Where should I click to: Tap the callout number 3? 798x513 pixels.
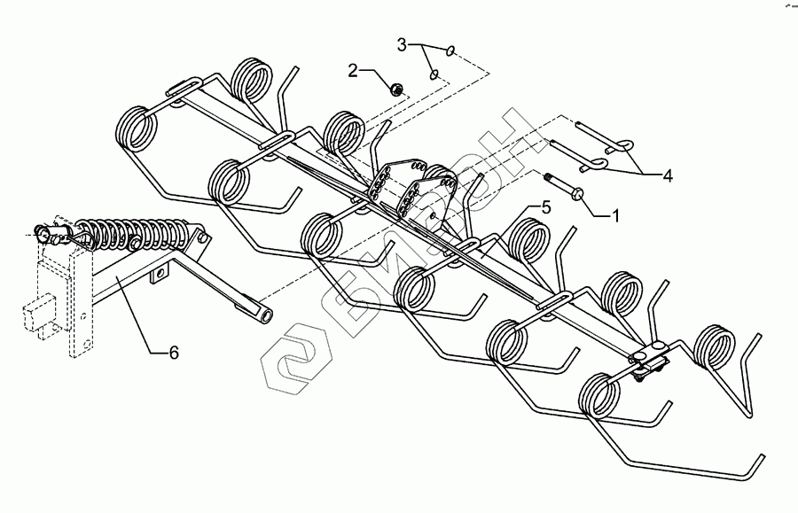point(402,43)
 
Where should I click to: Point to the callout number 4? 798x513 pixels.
point(666,176)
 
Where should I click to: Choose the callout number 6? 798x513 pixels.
point(174,353)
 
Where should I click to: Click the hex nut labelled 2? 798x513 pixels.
point(398,88)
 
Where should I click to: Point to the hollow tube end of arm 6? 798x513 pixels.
point(263,315)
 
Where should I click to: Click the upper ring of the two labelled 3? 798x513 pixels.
point(453,51)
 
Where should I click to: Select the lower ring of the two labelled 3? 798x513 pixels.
point(434,74)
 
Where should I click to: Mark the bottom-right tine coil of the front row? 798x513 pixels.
point(601,395)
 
